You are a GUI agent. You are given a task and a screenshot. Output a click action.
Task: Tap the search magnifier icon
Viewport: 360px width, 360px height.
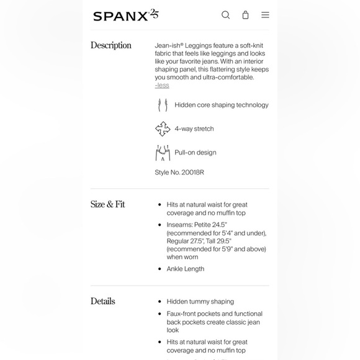click(x=226, y=15)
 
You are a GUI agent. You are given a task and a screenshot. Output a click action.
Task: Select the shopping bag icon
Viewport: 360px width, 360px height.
click(x=245, y=15)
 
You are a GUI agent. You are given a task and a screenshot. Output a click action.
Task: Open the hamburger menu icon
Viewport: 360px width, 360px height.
click(x=265, y=15)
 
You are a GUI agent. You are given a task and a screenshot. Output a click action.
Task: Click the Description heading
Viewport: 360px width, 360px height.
click(x=111, y=45)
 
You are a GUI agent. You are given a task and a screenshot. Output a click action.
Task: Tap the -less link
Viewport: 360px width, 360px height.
click(x=162, y=85)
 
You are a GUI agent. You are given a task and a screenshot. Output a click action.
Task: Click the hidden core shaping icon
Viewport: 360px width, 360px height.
click(x=163, y=105)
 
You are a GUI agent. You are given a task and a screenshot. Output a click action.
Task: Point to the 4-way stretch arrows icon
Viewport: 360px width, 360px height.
click(x=163, y=128)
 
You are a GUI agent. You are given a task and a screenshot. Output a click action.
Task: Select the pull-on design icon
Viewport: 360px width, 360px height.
click(x=163, y=153)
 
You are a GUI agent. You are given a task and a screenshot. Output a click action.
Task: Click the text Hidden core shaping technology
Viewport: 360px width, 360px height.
click(x=222, y=105)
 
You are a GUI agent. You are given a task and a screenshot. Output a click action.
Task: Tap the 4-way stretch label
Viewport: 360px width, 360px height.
click(x=194, y=129)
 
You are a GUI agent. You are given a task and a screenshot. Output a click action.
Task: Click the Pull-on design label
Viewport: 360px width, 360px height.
click(x=196, y=153)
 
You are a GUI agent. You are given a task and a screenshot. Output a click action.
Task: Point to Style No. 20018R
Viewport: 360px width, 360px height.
click(x=179, y=172)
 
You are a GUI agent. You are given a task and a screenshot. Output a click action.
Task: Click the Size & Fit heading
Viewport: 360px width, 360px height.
click(x=108, y=204)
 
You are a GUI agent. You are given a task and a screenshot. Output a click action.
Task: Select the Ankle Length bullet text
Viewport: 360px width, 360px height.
click(x=186, y=269)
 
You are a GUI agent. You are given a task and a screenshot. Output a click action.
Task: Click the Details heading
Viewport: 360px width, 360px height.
click(x=103, y=301)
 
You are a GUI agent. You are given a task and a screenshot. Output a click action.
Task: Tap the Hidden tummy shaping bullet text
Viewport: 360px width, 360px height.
click(x=200, y=302)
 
